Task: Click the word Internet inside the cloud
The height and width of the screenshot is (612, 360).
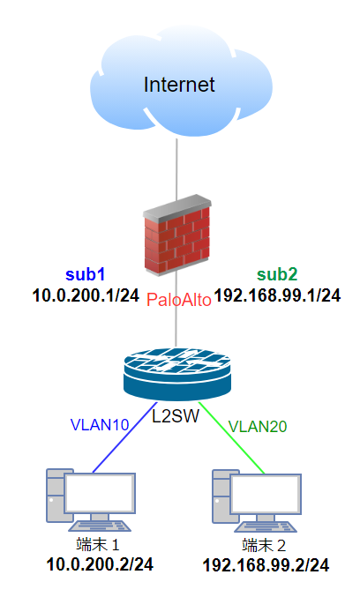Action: click(x=179, y=85)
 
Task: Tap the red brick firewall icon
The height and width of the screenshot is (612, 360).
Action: click(x=176, y=235)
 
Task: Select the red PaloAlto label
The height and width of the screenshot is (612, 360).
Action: click(x=179, y=300)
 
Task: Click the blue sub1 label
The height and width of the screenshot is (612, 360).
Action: click(x=85, y=275)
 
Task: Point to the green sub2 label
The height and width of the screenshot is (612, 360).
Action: click(x=277, y=275)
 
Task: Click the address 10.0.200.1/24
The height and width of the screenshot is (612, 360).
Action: click(x=86, y=295)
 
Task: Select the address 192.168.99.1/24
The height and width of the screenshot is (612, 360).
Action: click(x=278, y=295)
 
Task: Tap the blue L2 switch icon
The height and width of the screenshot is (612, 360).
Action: click(x=176, y=374)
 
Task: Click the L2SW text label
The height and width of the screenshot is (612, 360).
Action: click(x=176, y=416)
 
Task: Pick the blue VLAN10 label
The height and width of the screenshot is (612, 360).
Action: click(x=100, y=425)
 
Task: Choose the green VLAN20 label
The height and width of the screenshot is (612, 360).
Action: click(x=258, y=427)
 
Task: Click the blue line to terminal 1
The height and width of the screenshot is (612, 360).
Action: click(x=124, y=437)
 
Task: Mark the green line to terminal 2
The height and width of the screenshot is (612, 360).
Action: click(x=232, y=437)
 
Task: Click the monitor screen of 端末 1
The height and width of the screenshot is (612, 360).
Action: click(x=100, y=494)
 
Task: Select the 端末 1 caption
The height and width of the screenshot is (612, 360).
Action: click(x=98, y=545)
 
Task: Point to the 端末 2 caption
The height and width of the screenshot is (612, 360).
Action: click(x=264, y=545)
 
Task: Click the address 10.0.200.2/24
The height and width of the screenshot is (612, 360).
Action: click(x=100, y=564)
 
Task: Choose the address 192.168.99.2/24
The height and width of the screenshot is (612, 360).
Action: click(x=266, y=565)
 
